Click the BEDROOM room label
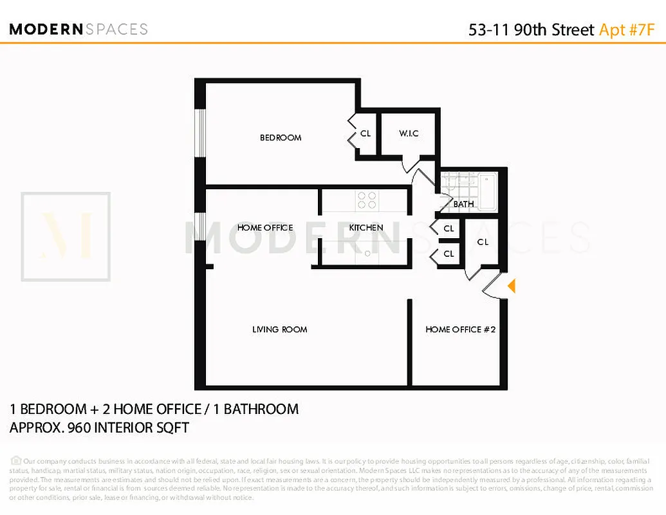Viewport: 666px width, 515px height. tap(281, 137)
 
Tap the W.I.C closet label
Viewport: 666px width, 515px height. tap(409, 133)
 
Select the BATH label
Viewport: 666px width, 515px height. tap(463, 204)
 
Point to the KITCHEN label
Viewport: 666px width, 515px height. tap(366, 227)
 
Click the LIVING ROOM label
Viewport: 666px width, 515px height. tap(279, 330)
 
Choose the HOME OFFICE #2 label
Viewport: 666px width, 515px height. tap(460, 330)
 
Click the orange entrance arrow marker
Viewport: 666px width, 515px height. tap(512, 286)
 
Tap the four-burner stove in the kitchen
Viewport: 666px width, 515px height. tap(367, 200)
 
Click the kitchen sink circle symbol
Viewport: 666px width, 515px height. tap(367, 254)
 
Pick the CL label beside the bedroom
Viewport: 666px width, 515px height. tap(365, 134)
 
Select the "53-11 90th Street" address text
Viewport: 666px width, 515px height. tap(531, 30)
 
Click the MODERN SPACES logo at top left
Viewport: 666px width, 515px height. tap(79, 29)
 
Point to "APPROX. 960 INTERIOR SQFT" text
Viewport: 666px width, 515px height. tap(99, 427)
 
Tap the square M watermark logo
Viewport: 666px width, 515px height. tap(66, 237)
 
